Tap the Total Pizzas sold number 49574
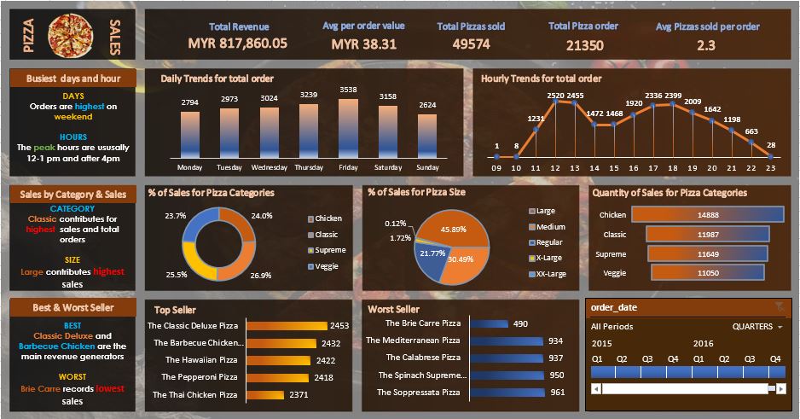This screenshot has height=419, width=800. click(471, 44)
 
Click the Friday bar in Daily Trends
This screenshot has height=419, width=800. click(348, 128)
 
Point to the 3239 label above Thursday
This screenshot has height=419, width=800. click(309, 95)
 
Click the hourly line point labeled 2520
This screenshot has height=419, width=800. click(555, 102)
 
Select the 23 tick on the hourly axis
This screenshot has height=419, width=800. click(770, 167)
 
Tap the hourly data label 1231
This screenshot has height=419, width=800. click(535, 119)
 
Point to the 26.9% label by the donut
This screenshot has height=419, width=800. click(261, 276)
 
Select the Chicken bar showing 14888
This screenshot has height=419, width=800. click(707, 215)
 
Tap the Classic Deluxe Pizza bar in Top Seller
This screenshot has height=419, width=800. click(287, 325)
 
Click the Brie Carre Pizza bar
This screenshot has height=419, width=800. click(488, 323)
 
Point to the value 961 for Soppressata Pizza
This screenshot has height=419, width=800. click(557, 393)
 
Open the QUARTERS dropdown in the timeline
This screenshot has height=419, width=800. click(757, 327)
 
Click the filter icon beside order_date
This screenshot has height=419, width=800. click(778, 306)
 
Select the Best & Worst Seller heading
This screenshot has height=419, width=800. click(72, 307)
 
